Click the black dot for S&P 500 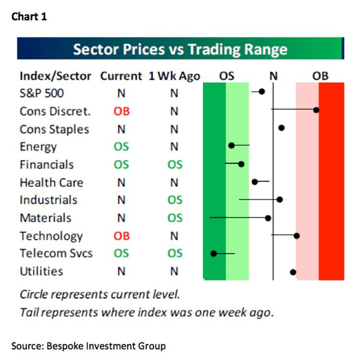click(x=262, y=92)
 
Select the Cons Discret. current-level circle click(x=316, y=110)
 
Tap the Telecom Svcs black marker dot click(x=214, y=254)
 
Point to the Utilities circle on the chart click(x=293, y=272)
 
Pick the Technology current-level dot click(x=297, y=236)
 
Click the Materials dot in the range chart click(x=268, y=218)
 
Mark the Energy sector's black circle click(x=231, y=145)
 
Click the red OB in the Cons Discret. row click(x=121, y=112)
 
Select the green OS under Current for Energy click(x=121, y=147)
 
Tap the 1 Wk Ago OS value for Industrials click(x=175, y=200)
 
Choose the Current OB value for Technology click(x=121, y=236)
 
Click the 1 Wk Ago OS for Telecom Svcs click(x=175, y=254)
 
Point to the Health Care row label click(x=51, y=183)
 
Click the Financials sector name click(x=47, y=165)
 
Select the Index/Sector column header click(x=56, y=76)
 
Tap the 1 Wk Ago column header click(x=174, y=76)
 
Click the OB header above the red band click(x=320, y=76)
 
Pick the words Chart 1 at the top click(x=29, y=17)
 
